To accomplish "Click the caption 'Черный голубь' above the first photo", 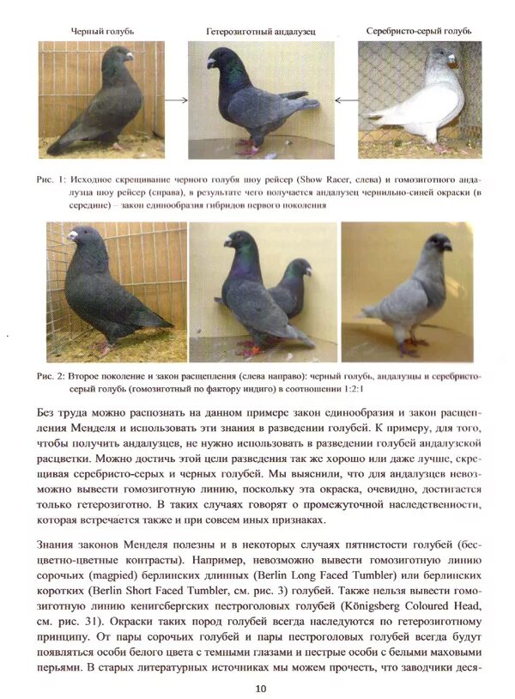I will click(101, 30).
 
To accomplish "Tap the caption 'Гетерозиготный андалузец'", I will click(260, 32).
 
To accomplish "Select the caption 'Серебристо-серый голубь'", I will click(418, 31).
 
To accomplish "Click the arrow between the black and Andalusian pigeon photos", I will click(176, 100).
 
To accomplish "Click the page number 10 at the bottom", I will click(260, 687).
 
